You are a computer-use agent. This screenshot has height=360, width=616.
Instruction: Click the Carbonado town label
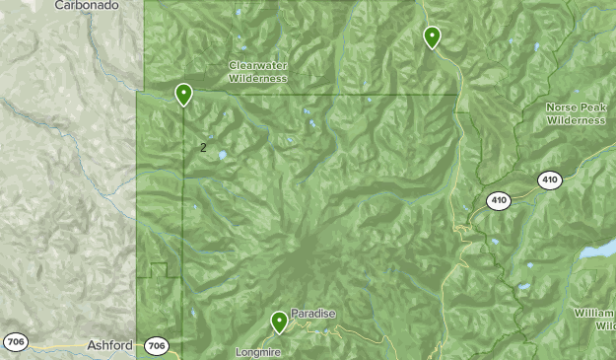click(x=87, y=5)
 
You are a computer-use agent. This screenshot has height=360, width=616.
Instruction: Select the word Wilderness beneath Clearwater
click(x=257, y=78)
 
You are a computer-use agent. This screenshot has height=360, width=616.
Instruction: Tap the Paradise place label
click(x=313, y=314)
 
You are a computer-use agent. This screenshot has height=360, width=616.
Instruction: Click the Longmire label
click(x=257, y=351)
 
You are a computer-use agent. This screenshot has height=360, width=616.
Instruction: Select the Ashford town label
click(x=109, y=345)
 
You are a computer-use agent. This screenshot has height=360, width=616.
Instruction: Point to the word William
click(x=594, y=313)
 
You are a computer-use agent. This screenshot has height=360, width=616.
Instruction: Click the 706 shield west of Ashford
click(x=15, y=342)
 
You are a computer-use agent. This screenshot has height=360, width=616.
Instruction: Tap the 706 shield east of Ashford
click(x=156, y=346)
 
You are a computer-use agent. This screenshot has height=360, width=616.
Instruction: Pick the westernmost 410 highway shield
click(x=499, y=201)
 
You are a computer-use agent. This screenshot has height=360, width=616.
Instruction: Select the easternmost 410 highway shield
click(x=550, y=180)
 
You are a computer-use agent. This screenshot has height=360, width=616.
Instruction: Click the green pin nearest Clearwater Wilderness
click(x=183, y=95)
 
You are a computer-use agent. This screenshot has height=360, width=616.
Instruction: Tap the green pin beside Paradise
click(x=280, y=322)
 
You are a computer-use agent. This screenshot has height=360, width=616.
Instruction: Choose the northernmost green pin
click(x=432, y=37)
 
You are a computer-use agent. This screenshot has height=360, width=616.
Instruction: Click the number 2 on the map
click(x=203, y=148)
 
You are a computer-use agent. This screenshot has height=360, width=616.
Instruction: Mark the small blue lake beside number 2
click(x=223, y=155)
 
